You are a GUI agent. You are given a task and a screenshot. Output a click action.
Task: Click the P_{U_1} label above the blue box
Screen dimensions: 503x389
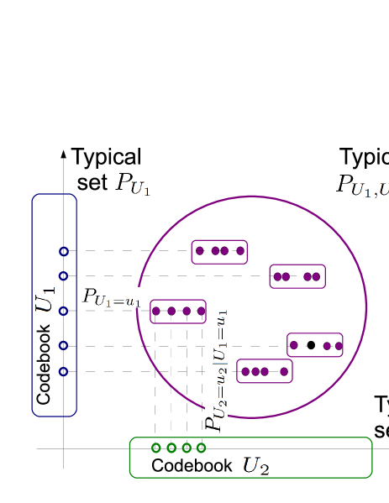(x=132, y=184)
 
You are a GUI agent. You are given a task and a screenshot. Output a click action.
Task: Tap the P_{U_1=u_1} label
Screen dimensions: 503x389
(x=110, y=297)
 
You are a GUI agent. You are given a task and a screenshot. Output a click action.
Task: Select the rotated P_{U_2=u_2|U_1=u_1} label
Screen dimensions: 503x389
(x=216, y=369)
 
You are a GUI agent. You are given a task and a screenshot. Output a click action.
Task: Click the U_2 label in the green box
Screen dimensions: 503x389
(x=256, y=464)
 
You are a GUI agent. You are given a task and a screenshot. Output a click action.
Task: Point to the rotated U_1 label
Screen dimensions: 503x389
(x=45, y=300)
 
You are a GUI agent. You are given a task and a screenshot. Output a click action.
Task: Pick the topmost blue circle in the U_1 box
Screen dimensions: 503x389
(x=63, y=251)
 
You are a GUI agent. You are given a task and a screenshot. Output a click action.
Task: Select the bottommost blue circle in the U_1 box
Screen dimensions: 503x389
(x=63, y=371)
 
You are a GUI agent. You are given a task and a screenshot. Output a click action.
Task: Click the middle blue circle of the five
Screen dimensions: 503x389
(x=63, y=311)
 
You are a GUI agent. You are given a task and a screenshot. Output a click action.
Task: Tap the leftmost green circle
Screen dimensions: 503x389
(x=155, y=448)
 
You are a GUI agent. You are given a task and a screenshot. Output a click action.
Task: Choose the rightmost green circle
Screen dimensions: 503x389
(x=201, y=448)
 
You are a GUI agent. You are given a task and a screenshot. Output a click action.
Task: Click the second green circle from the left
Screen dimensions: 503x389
(x=171, y=448)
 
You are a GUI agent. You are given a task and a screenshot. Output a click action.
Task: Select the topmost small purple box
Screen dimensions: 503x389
(x=219, y=251)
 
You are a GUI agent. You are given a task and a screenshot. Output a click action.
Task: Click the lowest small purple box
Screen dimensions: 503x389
(x=265, y=370)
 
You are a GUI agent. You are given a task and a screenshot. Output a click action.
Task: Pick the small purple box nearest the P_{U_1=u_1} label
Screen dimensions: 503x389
(x=178, y=311)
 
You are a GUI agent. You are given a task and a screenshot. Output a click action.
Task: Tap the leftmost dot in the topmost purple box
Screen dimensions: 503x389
(x=199, y=250)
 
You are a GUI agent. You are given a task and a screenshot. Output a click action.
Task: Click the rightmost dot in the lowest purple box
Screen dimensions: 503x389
(x=284, y=371)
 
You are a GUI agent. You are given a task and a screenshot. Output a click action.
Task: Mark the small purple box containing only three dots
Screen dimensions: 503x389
(x=315, y=345)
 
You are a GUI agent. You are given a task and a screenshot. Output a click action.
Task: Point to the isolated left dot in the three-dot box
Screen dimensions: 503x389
(x=293, y=345)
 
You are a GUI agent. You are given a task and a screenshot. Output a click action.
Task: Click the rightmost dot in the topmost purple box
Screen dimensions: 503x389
(x=240, y=250)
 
